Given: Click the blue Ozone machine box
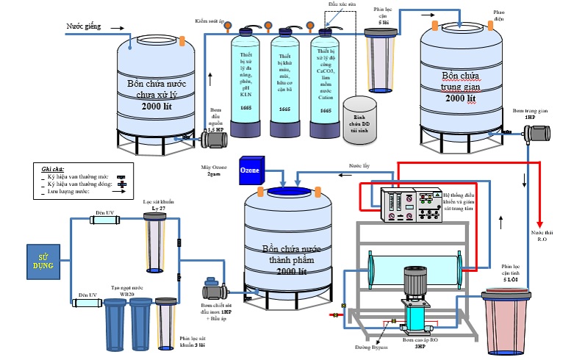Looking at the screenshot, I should (250, 171).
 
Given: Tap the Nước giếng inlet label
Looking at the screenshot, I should (82, 26).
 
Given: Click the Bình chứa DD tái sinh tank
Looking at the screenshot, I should (359, 116).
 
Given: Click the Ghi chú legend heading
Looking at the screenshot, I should (53, 168).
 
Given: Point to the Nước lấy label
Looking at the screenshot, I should (359, 167).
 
